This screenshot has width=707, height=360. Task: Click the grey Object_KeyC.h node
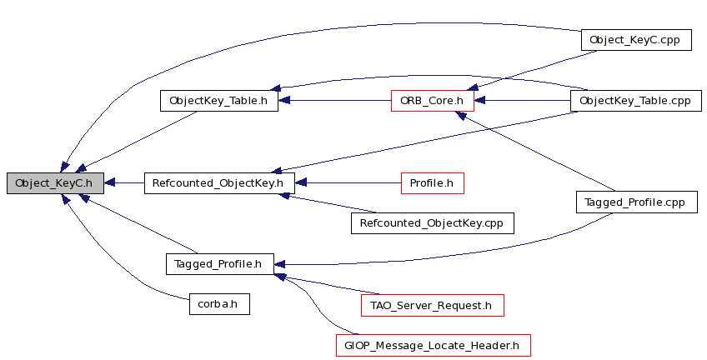pyautogui.click(x=56, y=183)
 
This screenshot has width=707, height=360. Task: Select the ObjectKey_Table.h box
pyautogui.click(x=219, y=101)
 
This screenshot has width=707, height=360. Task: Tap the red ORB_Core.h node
pyautogui.click(x=433, y=101)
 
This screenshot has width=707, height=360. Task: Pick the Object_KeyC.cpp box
pyautogui.click(x=636, y=40)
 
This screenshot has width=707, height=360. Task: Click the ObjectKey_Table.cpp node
pyautogui.click(x=636, y=101)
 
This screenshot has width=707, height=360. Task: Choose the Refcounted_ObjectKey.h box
pyautogui.click(x=219, y=183)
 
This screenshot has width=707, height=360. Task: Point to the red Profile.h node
pyautogui.click(x=433, y=183)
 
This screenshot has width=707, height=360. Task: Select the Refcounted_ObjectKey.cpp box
pyautogui.click(x=433, y=223)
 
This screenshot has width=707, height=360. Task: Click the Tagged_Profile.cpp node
pyautogui.click(x=637, y=202)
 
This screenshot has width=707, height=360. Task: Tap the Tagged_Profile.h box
pyautogui.click(x=219, y=263)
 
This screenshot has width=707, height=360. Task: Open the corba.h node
pyautogui.click(x=219, y=303)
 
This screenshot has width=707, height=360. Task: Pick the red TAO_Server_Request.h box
pyautogui.click(x=433, y=306)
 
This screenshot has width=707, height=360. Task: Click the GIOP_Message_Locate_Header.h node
pyautogui.click(x=434, y=346)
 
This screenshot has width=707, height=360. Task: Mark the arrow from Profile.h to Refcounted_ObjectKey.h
pyautogui.click(x=348, y=183)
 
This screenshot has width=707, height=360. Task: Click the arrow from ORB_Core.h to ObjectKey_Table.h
pyautogui.click(x=334, y=101)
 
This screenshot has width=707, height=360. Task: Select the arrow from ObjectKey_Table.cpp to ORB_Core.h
pyautogui.click(x=522, y=101)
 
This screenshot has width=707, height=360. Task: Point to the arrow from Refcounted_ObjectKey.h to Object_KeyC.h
pyautogui.click(x=124, y=183)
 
